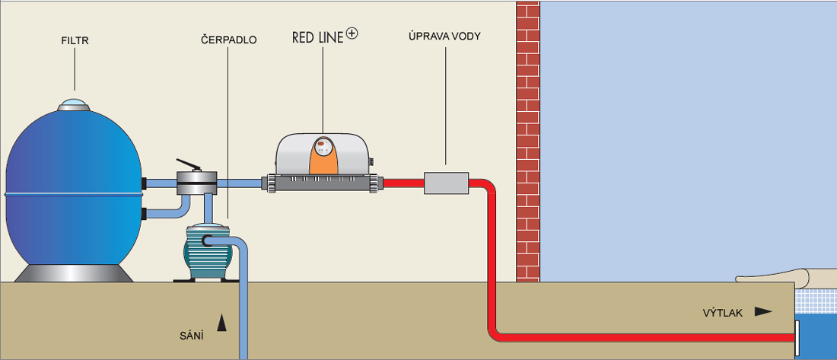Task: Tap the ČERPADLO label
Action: tap(229, 40)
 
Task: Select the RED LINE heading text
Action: tap(318, 37)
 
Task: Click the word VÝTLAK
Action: tap(723, 314)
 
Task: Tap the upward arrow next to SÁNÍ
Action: tap(221, 323)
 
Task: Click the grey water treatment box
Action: tap(446, 183)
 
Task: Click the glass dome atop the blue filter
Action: tap(75, 104)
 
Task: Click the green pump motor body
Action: tap(206, 251)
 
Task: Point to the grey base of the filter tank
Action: tap(74, 272)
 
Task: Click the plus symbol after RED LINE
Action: tap(352, 33)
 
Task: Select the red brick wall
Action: tap(528, 141)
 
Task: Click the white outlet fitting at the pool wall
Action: tap(797, 339)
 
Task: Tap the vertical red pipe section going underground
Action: tap(492, 256)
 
